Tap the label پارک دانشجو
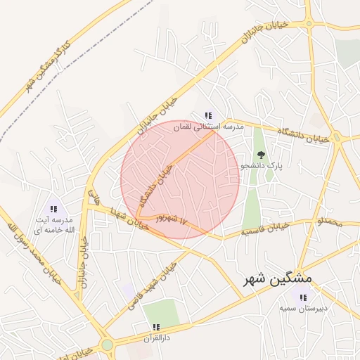tap(262, 166)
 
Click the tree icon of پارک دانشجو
tap(262, 154)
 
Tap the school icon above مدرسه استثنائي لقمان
tap(207, 115)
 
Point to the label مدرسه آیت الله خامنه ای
tap(53, 225)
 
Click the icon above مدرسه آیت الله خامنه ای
tap(53, 209)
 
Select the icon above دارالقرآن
tap(156, 327)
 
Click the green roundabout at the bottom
tap(107, 345)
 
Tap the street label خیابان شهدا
tap(129, 219)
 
